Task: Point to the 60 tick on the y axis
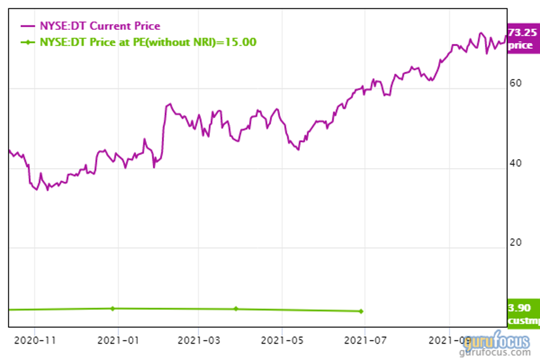[x=516, y=83]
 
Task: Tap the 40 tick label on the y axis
[x=516, y=164]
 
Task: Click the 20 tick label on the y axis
[x=516, y=242]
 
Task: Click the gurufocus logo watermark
[x=497, y=341]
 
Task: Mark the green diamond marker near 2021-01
[x=112, y=308]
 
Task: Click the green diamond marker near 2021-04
[x=236, y=309]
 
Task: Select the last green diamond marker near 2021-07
[x=361, y=311]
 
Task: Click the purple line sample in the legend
[x=28, y=26]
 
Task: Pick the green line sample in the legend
[x=28, y=42]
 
